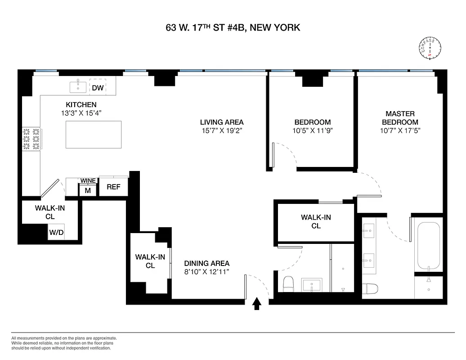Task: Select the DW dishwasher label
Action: (98, 88)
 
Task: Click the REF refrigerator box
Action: (113, 186)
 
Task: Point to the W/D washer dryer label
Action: (56, 233)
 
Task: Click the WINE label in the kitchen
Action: (88, 181)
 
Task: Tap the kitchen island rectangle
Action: (94, 135)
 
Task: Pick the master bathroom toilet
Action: (371, 288)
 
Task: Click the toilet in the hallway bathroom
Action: (288, 283)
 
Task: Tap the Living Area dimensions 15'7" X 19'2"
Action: (222, 131)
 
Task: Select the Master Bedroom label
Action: (400, 118)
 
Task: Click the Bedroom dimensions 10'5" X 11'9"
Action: (312, 131)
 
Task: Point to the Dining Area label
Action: (206, 263)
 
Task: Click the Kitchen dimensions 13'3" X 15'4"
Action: (81, 113)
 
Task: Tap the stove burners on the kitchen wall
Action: (31, 139)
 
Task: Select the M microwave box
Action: (88, 190)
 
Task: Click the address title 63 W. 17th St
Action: (233, 28)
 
